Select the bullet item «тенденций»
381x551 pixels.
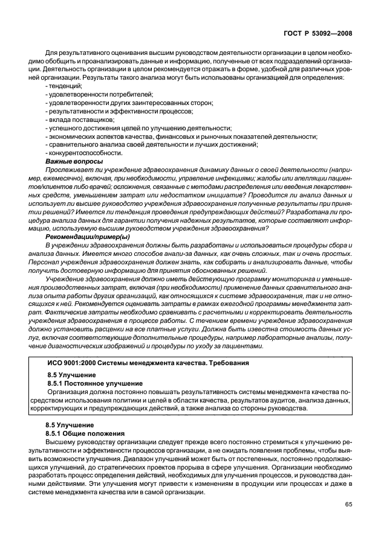pyautogui.click(x=64, y=86)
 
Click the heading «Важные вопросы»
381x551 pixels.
pyautogui.click(x=74, y=162)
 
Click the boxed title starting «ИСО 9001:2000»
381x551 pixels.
pyautogui.click(x=145, y=363)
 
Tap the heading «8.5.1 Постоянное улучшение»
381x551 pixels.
pyautogui.click(x=95, y=383)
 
